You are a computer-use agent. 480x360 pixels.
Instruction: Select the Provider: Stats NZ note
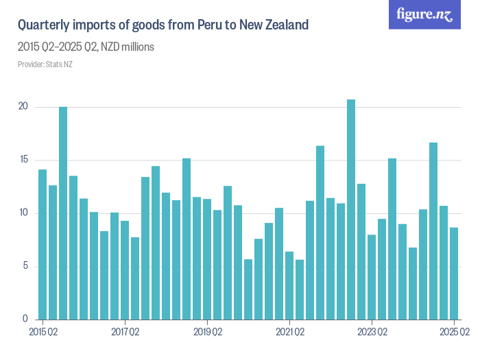45,64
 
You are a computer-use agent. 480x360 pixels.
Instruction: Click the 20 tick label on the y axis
23,107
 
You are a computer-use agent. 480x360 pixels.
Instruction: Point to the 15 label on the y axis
23,160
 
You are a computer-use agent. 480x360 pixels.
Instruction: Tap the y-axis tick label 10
23,213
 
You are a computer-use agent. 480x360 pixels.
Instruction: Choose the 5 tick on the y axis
25,266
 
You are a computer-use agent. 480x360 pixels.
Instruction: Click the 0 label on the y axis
25,319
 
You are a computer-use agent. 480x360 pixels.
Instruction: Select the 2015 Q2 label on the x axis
43,333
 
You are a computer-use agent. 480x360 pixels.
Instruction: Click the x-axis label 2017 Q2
125,333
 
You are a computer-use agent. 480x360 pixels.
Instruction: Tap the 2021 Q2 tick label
289,333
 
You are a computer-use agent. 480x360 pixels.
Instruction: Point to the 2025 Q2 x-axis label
454,333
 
